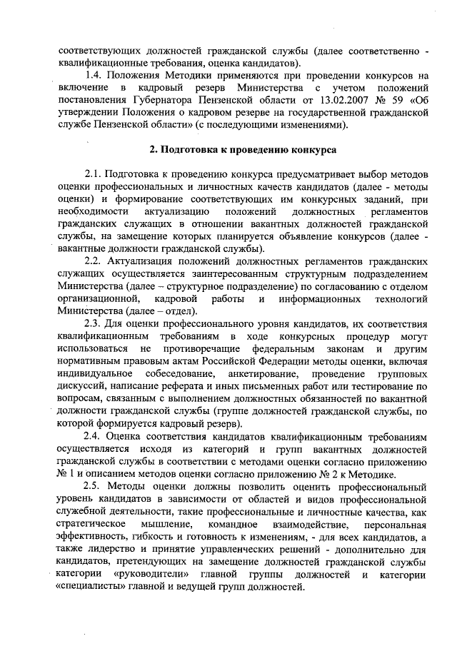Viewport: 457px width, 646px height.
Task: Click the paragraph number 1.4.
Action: click(x=94, y=74)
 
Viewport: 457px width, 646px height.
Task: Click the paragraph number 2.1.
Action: click(x=94, y=174)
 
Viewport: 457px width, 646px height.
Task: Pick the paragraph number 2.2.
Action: click(x=94, y=261)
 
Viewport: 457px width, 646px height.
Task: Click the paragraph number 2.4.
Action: click(x=94, y=435)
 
